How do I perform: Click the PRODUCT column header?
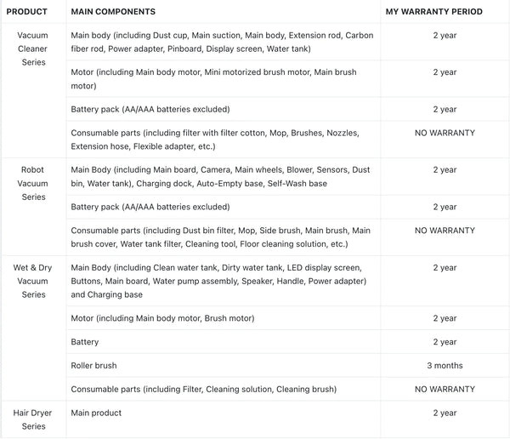point(26,12)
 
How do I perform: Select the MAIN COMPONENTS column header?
point(112,12)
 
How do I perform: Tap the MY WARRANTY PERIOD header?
point(433,12)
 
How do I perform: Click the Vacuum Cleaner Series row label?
point(32,48)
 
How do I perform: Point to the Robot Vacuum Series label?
point(32,183)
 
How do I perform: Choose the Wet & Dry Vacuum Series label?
point(32,280)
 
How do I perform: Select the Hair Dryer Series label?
point(32,419)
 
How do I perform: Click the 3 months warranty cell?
point(445,365)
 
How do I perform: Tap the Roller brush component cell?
point(93,365)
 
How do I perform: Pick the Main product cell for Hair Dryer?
point(96,413)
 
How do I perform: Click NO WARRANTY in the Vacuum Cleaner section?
point(445,133)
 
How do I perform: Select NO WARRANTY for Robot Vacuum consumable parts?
point(445,230)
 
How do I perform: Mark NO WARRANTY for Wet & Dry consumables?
point(445,389)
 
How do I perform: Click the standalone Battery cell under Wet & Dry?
point(85,341)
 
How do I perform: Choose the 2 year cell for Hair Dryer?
point(445,413)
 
